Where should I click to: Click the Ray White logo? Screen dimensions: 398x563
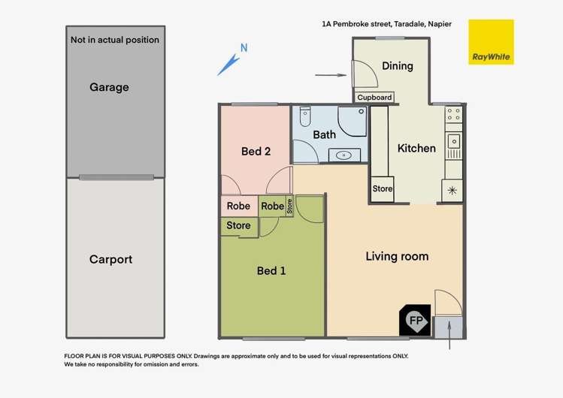point(491,42)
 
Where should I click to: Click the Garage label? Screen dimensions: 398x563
point(110,87)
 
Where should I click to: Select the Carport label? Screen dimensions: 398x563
point(110,260)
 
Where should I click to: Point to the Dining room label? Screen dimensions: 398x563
point(397,66)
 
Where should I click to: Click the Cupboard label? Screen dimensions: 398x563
point(374,98)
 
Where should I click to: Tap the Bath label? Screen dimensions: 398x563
point(324,135)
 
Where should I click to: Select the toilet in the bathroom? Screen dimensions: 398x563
point(304,118)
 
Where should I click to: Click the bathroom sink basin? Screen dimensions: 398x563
point(345,155)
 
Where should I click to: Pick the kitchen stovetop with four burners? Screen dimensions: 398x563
point(453,115)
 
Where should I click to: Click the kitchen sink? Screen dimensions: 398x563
point(453,141)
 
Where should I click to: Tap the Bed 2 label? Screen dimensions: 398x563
point(256,152)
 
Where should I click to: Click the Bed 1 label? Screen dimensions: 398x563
point(271,270)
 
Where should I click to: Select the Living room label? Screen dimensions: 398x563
point(397,257)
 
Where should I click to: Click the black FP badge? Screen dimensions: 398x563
point(415,321)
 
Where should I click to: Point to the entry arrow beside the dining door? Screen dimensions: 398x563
point(325,75)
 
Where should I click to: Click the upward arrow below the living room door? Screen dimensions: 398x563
point(449,335)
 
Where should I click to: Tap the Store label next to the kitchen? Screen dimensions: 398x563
point(383,189)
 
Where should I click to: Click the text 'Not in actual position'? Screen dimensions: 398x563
point(114,40)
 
